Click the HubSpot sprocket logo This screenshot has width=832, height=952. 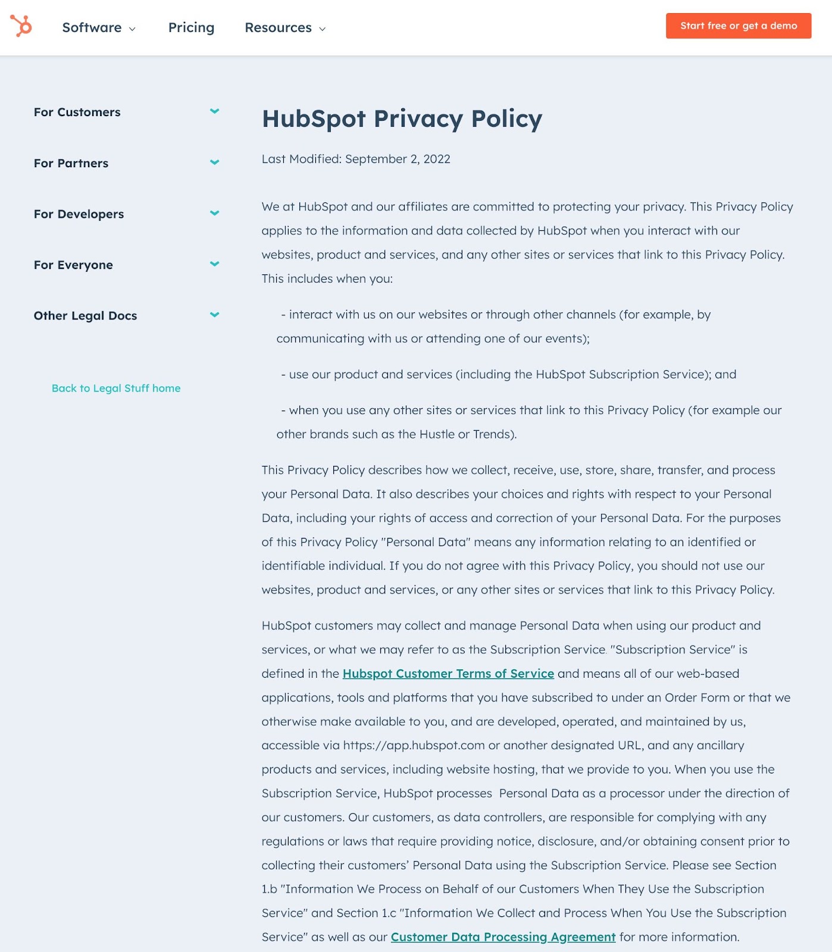[x=21, y=26]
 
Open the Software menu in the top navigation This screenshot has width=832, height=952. [x=99, y=28]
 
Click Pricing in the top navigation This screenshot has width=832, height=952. [x=191, y=28]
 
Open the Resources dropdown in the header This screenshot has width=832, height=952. [x=285, y=28]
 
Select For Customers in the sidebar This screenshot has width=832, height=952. [x=77, y=112]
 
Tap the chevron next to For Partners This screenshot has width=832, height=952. [x=215, y=162]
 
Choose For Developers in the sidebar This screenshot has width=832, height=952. [x=79, y=214]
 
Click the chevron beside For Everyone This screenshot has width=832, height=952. [x=215, y=264]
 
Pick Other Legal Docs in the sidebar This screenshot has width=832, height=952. [x=85, y=316]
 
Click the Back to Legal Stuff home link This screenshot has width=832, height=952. [x=116, y=389]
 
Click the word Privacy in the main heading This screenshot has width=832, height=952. [x=418, y=119]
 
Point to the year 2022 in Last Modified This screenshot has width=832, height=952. [x=437, y=159]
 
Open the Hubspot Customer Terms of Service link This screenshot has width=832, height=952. [x=448, y=674]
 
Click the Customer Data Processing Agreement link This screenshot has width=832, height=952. [x=503, y=937]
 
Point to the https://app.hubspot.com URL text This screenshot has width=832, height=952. [x=414, y=746]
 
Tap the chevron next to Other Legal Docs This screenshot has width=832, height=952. [x=215, y=315]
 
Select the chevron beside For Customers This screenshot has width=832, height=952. [x=215, y=111]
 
